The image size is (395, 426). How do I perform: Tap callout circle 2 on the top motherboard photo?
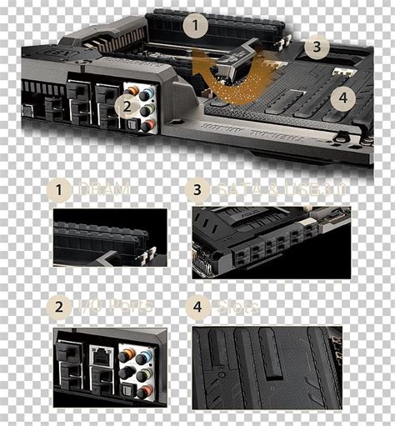click(127, 105)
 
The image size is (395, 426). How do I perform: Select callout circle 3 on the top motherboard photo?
click(312, 47)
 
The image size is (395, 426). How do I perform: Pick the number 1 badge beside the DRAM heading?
click(59, 190)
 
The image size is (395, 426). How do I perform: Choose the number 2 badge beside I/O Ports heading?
click(59, 306)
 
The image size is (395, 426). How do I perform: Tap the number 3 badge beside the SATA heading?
click(197, 190)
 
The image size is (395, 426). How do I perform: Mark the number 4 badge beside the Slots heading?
click(197, 306)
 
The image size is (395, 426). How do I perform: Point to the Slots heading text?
click(237, 306)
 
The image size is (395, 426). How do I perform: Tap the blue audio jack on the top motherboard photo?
click(147, 93)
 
